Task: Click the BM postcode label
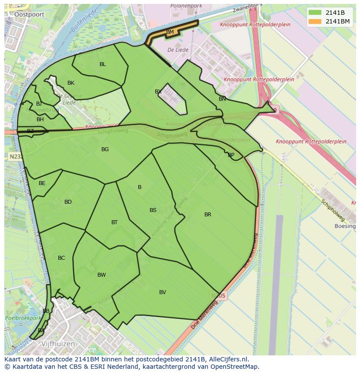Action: pyautogui.click(x=170, y=32)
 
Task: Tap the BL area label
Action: pyautogui.click(x=103, y=64)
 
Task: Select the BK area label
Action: pyautogui.click(x=71, y=83)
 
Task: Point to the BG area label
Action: pyautogui.click(x=105, y=149)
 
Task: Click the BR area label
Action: pyautogui.click(x=208, y=215)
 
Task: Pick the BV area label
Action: pyautogui.click(x=162, y=292)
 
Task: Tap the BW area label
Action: pyautogui.click(x=102, y=275)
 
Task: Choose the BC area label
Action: pyautogui.click(x=61, y=258)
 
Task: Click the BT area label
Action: pyautogui.click(x=114, y=222)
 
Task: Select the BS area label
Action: pyautogui.click(x=153, y=210)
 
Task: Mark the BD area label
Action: pyautogui.click(x=68, y=202)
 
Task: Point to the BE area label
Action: pyautogui.click(x=42, y=183)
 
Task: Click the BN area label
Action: pyautogui.click(x=222, y=99)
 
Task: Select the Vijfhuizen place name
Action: pyautogui.click(x=58, y=344)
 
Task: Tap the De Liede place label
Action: pyautogui.click(x=178, y=50)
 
